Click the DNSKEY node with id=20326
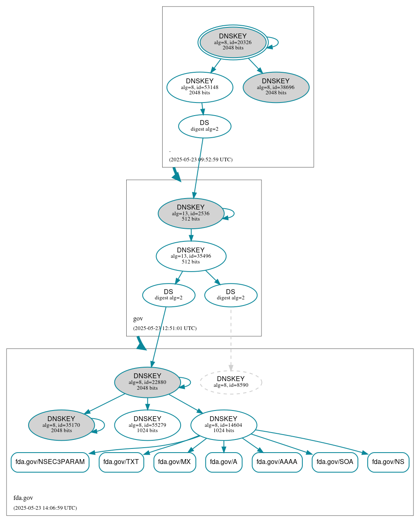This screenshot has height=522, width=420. coord(233,42)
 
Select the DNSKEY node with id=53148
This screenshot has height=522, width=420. coord(200,87)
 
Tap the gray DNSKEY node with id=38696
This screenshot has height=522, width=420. coord(276,87)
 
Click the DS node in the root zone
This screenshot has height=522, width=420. coord(204,126)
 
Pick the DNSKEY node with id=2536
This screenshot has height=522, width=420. coord(190,213)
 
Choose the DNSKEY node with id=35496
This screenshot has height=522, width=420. coord(191,256)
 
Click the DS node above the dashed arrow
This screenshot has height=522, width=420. coord(230,295)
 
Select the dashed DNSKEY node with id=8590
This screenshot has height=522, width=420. coord(230,382)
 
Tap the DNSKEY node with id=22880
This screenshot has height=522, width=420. coord(147,382)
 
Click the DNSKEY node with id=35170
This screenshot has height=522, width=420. coord(61,425)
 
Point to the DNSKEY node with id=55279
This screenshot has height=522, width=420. coord(147,425)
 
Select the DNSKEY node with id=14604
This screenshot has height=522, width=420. coord(223,425)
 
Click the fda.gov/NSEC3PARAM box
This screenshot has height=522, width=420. coord(50,462)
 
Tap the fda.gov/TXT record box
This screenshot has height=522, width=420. coord(121,462)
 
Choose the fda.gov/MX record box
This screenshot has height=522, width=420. coord(174,462)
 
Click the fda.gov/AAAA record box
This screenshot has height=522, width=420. coord(277,462)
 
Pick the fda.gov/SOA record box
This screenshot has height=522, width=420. coord(335,462)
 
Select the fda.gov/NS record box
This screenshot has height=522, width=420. coord(388,462)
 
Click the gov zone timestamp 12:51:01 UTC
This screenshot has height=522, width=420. coord(165,328)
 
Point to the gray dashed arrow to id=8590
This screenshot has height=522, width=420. coord(231,339)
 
